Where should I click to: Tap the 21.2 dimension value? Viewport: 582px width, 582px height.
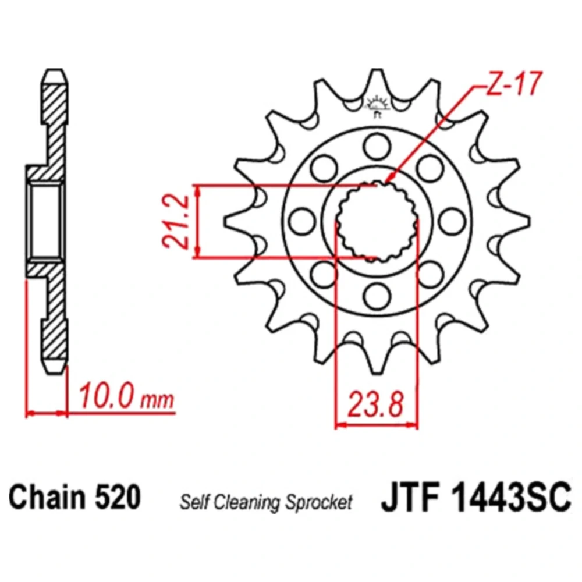point(176,221)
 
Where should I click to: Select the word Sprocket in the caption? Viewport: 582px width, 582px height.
point(318,503)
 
